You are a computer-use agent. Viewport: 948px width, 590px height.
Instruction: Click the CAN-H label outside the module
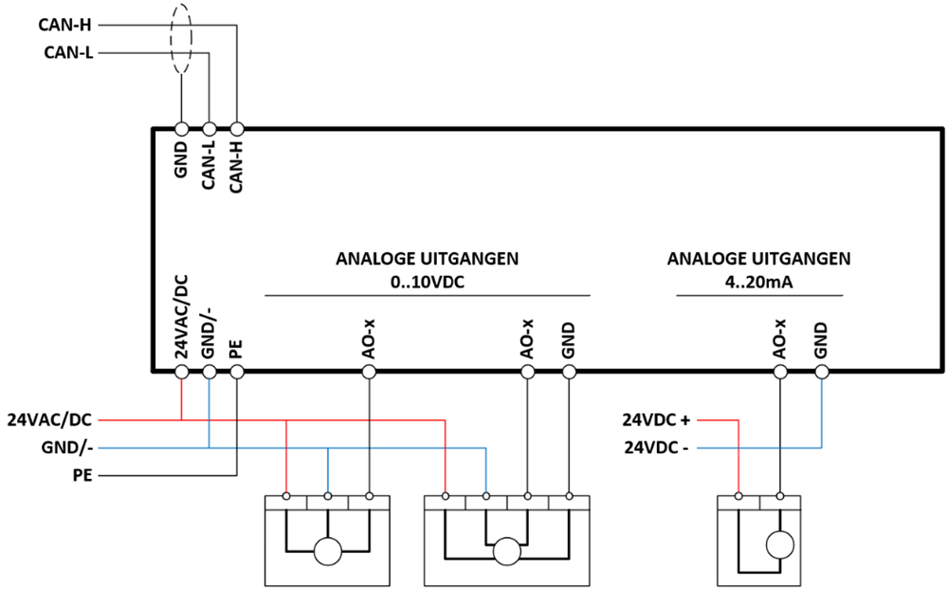click(x=64, y=25)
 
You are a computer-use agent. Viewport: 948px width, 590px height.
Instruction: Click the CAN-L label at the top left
click(x=68, y=53)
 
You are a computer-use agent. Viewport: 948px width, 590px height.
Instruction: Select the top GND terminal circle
click(x=181, y=129)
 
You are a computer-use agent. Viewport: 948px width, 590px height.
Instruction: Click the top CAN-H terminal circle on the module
click(x=237, y=129)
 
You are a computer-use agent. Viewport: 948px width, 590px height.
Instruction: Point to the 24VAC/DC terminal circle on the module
click(x=181, y=372)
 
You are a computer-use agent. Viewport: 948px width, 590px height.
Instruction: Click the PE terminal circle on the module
click(x=237, y=372)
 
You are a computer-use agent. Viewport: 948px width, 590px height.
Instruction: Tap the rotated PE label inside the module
click(x=236, y=349)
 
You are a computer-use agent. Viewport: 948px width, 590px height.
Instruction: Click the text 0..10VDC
click(x=427, y=282)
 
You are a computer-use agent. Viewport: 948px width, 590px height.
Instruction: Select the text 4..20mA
click(x=758, y=282)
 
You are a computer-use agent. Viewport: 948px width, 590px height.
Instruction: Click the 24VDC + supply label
click(x=656, y=419)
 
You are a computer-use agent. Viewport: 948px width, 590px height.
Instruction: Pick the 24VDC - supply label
click(x=656, y=448)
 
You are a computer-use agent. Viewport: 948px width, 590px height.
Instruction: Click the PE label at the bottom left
click(x=82, y=475)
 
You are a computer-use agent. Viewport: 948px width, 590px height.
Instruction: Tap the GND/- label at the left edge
click(x=67, y=448)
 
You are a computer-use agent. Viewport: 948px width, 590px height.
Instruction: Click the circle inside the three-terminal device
click(x=328, y=551)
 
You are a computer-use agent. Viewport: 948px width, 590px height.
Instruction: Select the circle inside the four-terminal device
click(x=506, y=551)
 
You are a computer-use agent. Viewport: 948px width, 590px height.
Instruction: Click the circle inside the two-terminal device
click(x=780, y=544)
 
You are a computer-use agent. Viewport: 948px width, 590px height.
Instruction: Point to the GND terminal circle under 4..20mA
click(x=821, y=372)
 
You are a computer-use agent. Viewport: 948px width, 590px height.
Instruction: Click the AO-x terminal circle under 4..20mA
click(x=780, y=372)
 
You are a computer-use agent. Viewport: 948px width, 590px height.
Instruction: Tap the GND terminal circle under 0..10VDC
click(x=569, y=372)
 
